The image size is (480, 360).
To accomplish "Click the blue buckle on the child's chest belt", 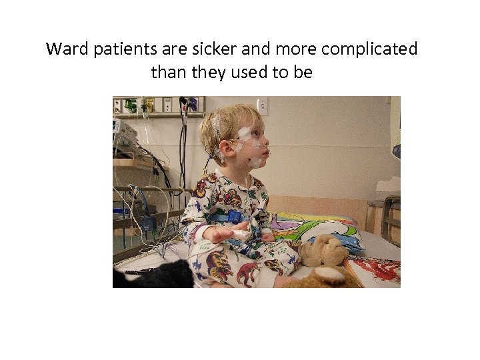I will pos(233,217).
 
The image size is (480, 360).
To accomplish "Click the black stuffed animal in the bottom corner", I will pos(160,275).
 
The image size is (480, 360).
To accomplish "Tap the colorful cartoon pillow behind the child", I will pos(320,228).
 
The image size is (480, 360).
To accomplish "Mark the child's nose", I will pos(267,143).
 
